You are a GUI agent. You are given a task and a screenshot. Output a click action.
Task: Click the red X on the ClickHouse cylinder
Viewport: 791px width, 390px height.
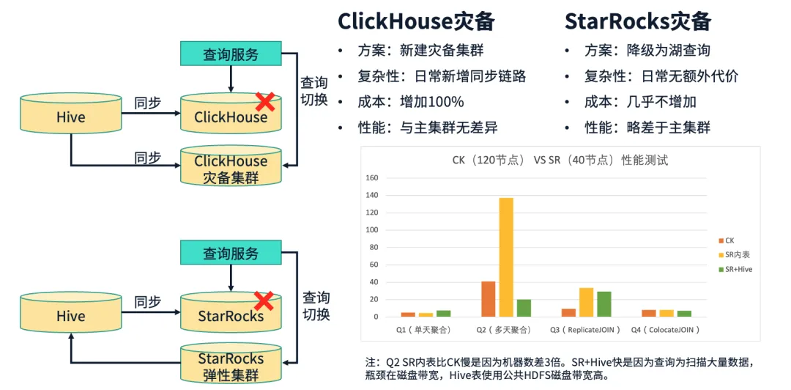(265, 102)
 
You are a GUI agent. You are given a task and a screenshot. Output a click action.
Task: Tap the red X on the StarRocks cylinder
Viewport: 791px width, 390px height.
(264, 301)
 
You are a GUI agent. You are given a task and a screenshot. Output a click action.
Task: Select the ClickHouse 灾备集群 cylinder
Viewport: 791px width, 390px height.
(231, 165)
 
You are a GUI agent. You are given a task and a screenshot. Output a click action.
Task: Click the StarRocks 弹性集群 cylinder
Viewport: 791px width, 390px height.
(231, 363)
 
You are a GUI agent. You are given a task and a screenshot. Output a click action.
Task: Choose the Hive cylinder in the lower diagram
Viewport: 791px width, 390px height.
(71, 313)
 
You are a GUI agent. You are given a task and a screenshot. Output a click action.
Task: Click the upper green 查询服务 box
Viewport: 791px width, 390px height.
(231, 54)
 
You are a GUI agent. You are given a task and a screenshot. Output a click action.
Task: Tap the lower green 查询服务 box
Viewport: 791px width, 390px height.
(231, 252)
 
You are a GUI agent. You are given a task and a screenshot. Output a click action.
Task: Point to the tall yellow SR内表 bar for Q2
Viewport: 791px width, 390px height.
(507, 257)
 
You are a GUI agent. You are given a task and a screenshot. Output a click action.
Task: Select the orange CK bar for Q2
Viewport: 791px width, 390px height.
(489, 299)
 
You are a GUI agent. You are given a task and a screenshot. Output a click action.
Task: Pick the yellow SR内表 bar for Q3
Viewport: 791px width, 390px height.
(586, 303)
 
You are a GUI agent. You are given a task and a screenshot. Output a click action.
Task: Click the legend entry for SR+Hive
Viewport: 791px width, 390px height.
(735, 269)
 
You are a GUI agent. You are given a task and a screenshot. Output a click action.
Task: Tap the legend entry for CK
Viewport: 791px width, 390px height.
(727, 240)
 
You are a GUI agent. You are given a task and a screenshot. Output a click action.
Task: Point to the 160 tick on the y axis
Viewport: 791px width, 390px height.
(372, 178)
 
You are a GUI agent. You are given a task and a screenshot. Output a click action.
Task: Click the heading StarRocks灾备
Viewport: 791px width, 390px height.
(638, 22)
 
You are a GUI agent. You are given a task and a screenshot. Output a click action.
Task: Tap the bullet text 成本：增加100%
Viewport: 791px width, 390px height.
(411, 102)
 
